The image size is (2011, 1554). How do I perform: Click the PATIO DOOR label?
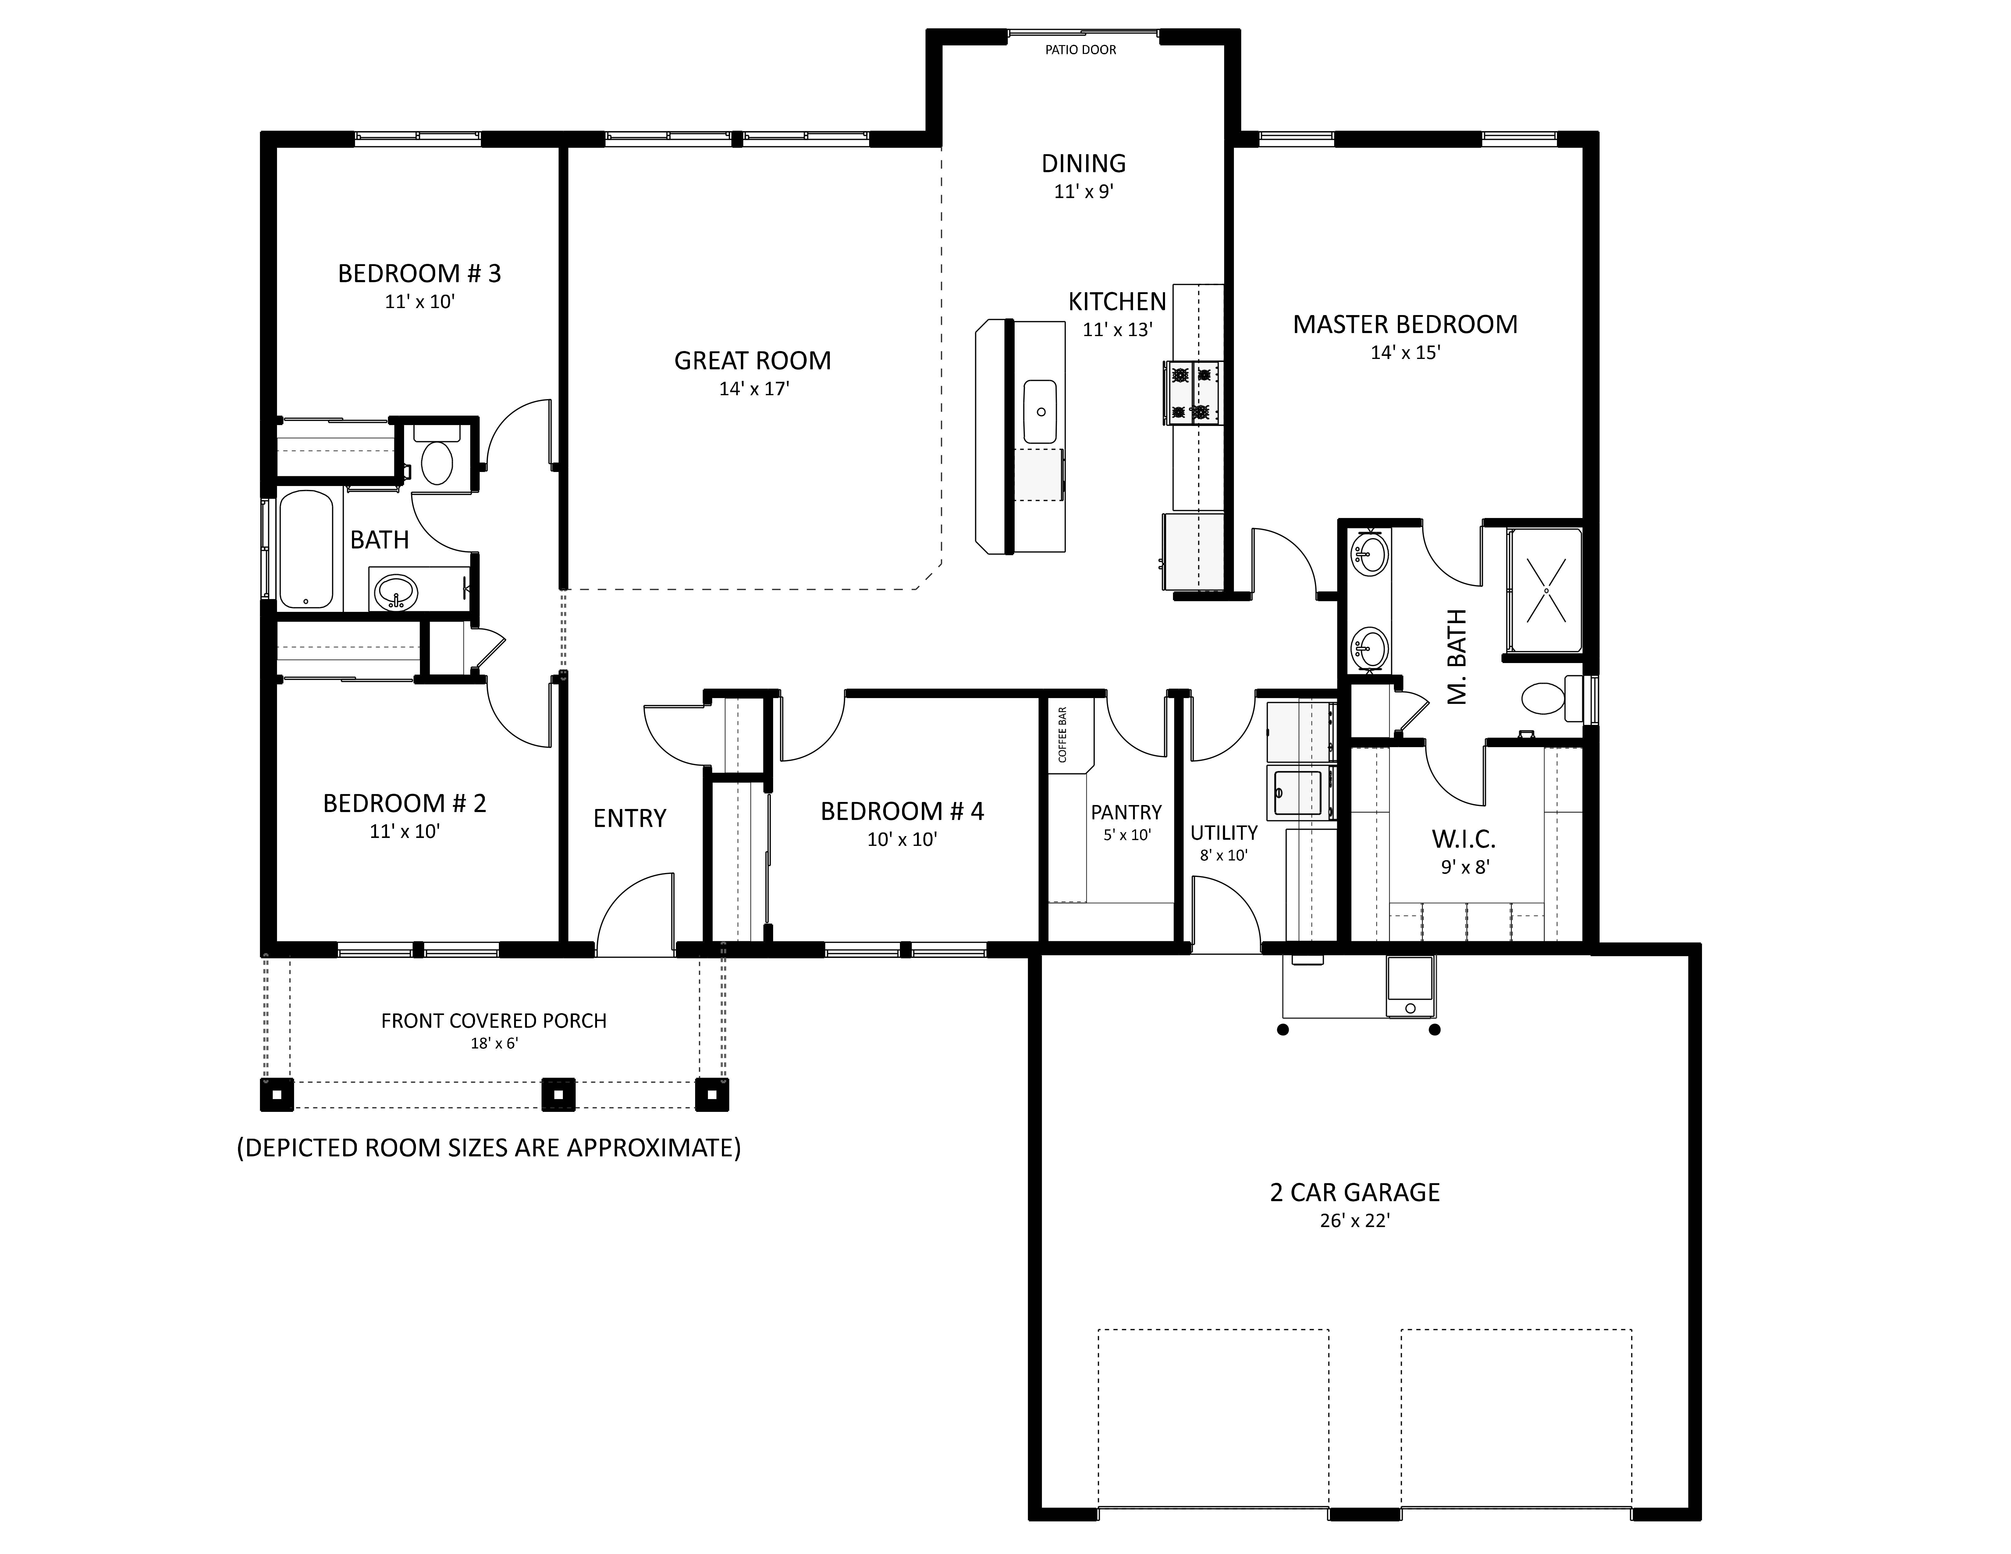pyautogui.click(x=1080, y=50)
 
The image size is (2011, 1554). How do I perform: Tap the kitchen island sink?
pyautogui.click(x=1040, y=412)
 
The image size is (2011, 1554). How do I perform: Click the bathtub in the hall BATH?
pyautogui.click(x=306, y=550)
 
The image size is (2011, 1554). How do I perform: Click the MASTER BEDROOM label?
pyautogui.click(x=1405, y=324)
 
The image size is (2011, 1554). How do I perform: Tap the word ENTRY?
pyautogui.click(x=630, y=818)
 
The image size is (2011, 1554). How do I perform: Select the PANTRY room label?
pyautogui.click(x=1126, y=812)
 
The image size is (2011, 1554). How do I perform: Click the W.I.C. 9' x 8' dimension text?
pyautogui.click(x=1465, y=866)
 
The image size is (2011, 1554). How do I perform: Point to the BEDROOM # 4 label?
pyautogui.click(x=902, y=811)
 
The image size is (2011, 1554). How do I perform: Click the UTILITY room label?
pyautogui.click(x=1224, y=832)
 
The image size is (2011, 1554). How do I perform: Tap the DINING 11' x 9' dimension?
pyautogui.click(x=1084, y=191)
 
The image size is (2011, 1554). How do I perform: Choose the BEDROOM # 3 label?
pyautogui.click(x=420, y=273)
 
